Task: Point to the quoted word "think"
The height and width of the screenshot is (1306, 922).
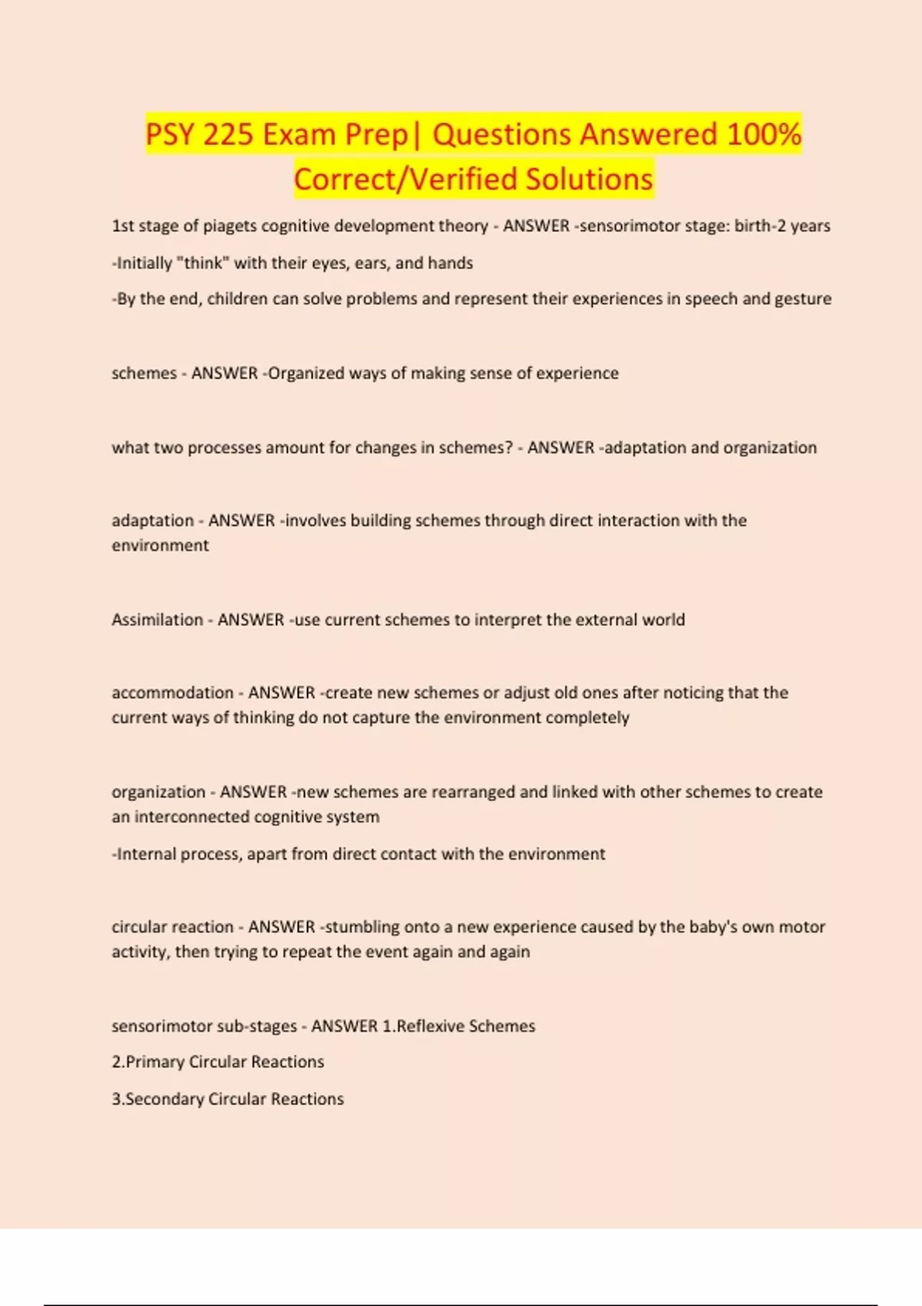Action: click(x=203, y=263)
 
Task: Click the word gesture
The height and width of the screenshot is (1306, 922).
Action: click(x=802, y=299)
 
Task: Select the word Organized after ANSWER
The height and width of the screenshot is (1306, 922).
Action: click(x=306, y=373)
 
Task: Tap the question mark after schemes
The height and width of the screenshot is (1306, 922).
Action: click(x=508, y=447)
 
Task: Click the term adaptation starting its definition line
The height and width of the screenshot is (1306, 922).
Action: click(x=152, y=521)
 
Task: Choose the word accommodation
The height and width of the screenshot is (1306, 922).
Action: click(x=172, y=693)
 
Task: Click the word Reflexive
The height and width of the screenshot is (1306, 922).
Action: click(x=429, y=1026)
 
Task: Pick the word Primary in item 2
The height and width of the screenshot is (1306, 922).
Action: click(x=154, y=1062)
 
